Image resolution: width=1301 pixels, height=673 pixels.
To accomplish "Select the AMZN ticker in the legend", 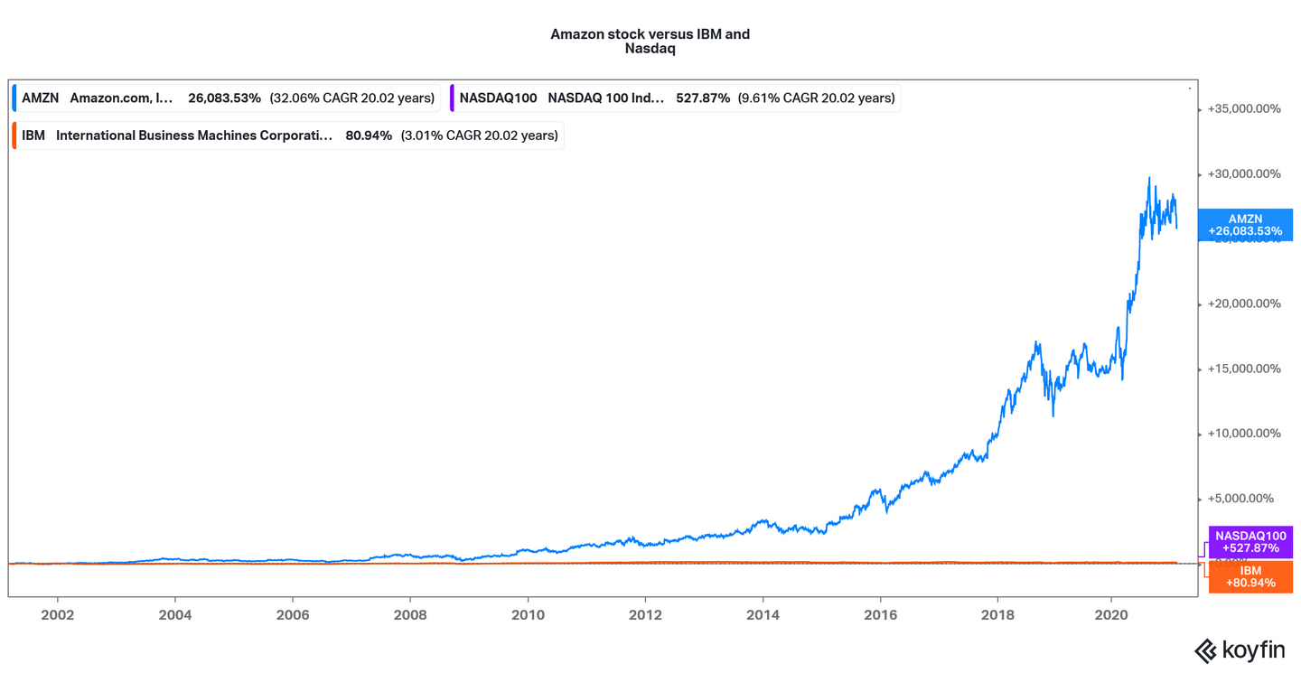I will click(40, 98).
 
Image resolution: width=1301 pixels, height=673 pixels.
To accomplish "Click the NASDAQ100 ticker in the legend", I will click(498, 98).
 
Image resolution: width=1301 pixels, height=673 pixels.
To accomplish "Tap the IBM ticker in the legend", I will click(33, 136).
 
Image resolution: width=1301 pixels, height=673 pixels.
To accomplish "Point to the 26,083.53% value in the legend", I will click(224, 98).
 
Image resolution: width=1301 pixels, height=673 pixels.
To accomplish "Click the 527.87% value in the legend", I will click(703, 98).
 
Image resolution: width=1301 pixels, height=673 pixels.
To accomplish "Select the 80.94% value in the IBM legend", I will click(369, 136).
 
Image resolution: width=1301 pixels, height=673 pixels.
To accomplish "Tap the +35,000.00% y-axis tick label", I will click(1244, 108).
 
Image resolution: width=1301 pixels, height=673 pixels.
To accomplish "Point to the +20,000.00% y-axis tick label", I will click(1244, 304).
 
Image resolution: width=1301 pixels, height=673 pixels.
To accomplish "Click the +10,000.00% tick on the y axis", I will click(1244, 434).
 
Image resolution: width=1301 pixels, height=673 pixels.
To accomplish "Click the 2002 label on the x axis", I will click(57, 615).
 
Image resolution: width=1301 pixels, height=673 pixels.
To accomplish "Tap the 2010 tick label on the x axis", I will click(528, 615).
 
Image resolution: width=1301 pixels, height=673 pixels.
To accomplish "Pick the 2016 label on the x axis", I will click(880, 615).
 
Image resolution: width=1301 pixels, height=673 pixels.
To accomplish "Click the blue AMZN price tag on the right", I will click(1250, 225).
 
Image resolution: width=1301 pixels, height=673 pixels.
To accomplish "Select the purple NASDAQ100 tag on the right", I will click(1250, 542).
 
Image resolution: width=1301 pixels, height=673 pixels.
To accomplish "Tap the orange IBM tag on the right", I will click(1250, 576).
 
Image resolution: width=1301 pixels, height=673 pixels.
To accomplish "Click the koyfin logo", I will click(1240, 650).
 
